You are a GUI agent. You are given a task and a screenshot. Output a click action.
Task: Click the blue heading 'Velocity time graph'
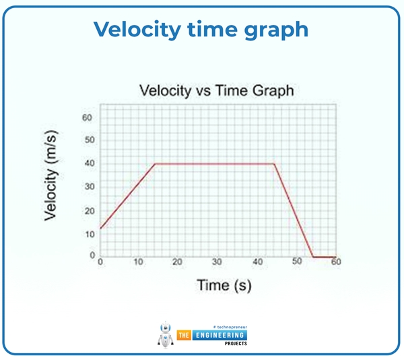(201, 29)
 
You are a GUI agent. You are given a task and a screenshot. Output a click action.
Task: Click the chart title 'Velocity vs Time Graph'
(216, 90)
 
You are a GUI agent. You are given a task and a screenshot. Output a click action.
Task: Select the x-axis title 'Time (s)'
(224, 285)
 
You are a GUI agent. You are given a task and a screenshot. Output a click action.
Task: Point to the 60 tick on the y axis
(87, 118)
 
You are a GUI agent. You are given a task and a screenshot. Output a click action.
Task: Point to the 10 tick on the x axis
(139, 262)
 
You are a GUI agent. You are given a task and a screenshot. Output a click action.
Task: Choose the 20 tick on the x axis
(178, 262)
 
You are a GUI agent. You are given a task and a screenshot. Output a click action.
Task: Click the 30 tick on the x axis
(217, 262)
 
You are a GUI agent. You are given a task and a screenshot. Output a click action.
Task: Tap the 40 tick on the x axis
(257, 262)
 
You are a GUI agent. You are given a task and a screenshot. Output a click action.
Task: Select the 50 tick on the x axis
(296, 262)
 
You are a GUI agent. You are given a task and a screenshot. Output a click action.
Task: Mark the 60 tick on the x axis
(335, 262)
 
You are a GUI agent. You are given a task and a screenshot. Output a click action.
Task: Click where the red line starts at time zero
(100, 229)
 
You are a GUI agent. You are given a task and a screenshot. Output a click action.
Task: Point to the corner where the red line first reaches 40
(155, 163)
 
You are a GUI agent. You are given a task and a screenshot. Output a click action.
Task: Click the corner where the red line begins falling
(274, 163)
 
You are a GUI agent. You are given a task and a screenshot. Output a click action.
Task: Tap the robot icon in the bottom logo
(165, 334)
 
